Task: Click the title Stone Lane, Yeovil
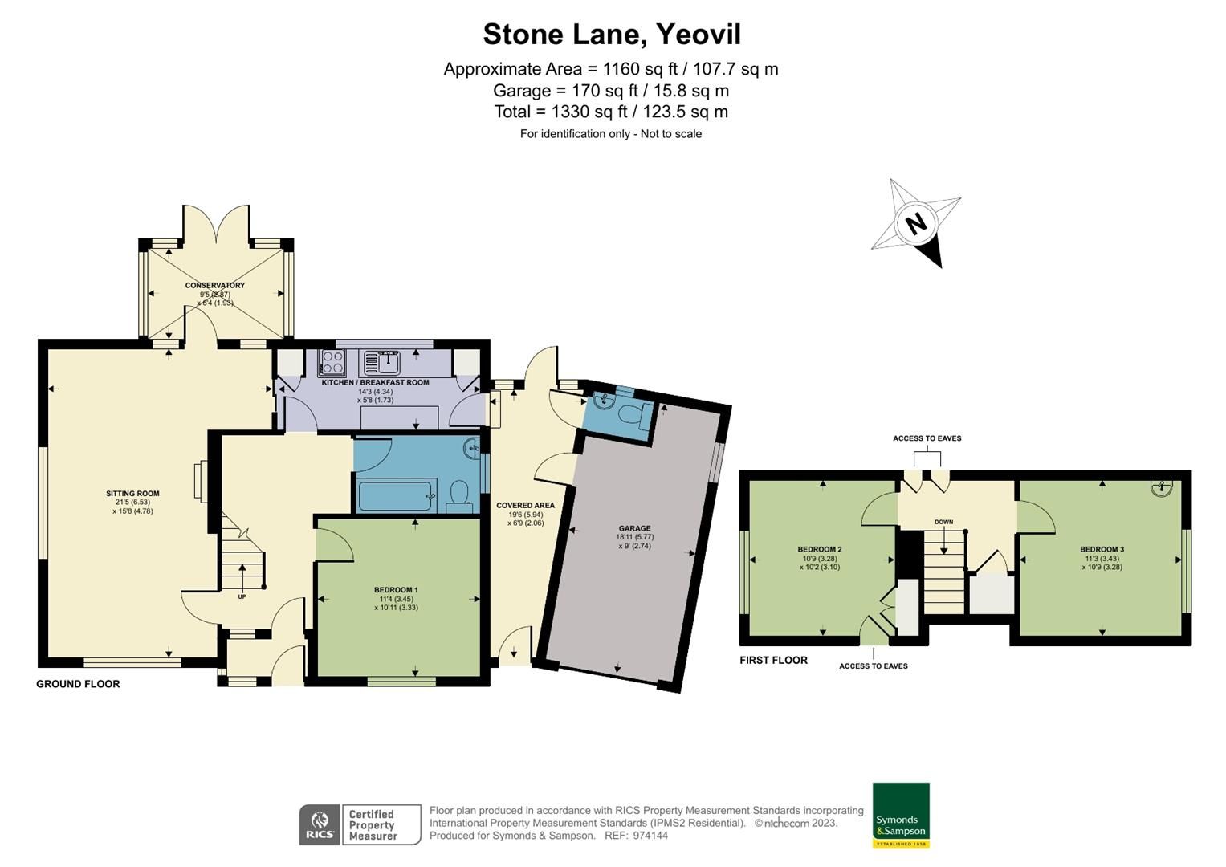[x=611, y=35]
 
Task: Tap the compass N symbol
[x=916, y=223]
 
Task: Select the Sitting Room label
[x=132, y=494]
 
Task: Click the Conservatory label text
[x=214, y=286]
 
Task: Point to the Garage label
[x=633, y=529]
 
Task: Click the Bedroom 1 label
[x=396, y=590]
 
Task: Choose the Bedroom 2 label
[x=819, y=550]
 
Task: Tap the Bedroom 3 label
[x=1102, y=550]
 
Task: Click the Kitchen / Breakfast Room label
[x=375, y=383]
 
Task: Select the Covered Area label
[x=525, y=506]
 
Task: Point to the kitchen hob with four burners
[x=331, y=364]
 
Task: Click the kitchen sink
[x=381, y=362]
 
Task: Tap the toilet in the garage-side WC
[x=632, y=417]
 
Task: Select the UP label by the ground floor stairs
[x=242, y=596]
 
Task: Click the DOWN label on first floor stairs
[x=943, y=523]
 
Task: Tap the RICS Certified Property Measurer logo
[x=360, y=824]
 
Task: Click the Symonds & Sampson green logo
[x=901, y=815]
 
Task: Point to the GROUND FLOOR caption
[x=78, y=684]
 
